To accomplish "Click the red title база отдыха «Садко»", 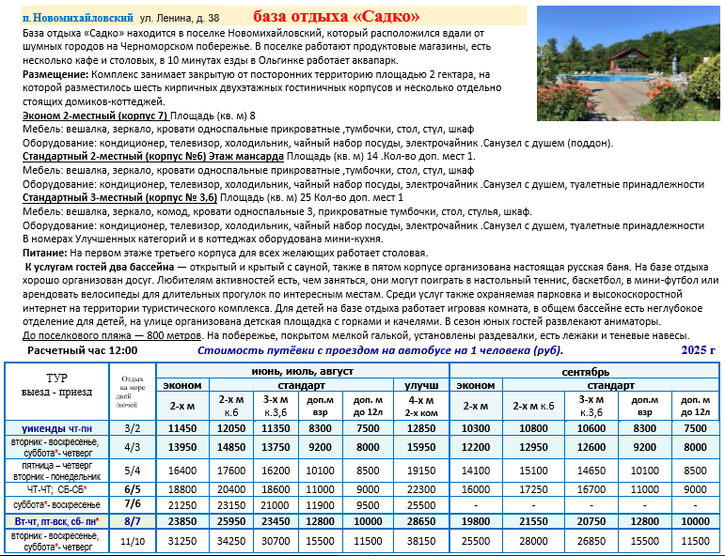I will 337,16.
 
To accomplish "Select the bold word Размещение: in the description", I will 55,73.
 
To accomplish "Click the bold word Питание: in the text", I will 44,254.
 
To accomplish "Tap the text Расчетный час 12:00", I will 83,350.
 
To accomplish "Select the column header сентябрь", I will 590,371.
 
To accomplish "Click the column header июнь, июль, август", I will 302,371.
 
